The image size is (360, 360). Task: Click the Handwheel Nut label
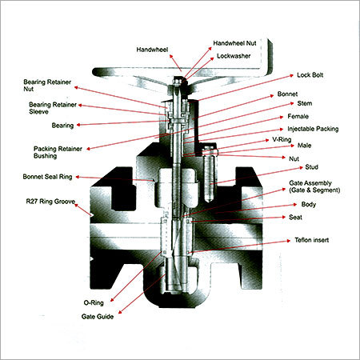[x=234, y=43]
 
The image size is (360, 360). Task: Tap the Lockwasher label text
[x=234, y=56]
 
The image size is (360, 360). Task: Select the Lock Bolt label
[x=310, y=75]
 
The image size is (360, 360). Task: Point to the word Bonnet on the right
[x=287, y=94]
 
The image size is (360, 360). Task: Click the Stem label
[x=305, y=103]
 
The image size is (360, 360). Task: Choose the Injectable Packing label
[x=313, y=129]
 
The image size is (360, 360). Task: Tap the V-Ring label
[x=282, y=139]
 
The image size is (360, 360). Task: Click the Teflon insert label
[x=312, y=240]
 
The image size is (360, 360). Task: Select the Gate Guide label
[x=98, y=317]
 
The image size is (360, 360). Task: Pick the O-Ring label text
[x=94, y=302]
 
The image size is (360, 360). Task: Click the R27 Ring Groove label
[x=50, y=202]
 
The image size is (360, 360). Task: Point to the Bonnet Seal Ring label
[x=47, y=177]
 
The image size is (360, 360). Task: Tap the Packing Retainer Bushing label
[x=58, y=152]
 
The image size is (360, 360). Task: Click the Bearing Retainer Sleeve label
[x=53, y=108]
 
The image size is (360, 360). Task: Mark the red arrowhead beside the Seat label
[x=284, y=218]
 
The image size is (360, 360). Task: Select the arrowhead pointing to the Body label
[x=295, y=205]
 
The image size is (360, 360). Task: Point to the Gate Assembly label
[x=314, y=186]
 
